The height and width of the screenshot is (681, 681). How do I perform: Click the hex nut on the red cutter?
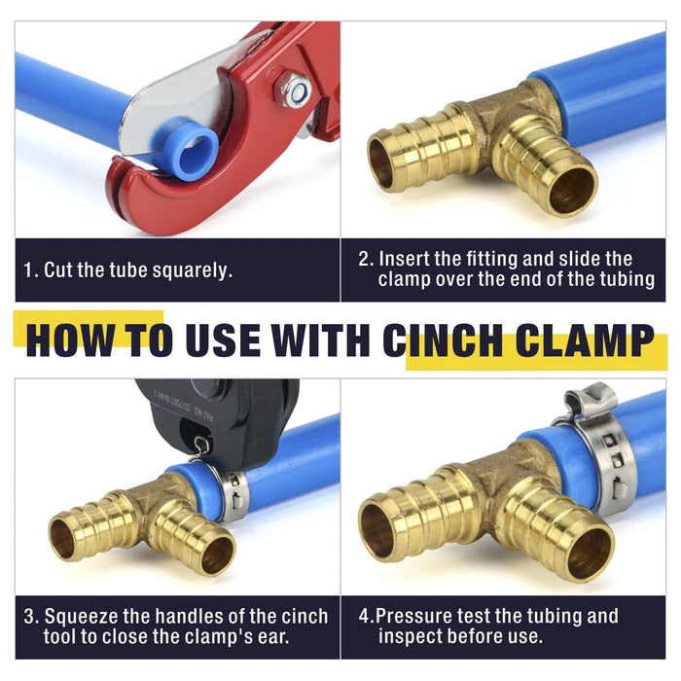pos(292,90)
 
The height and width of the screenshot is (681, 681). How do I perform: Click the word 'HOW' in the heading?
pos(71,340)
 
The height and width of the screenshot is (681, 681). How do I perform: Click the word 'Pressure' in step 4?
pos(413,616)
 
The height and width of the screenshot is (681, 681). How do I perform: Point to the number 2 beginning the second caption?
pos(364,260)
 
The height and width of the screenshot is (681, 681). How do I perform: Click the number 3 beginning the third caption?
pos(29,617)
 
